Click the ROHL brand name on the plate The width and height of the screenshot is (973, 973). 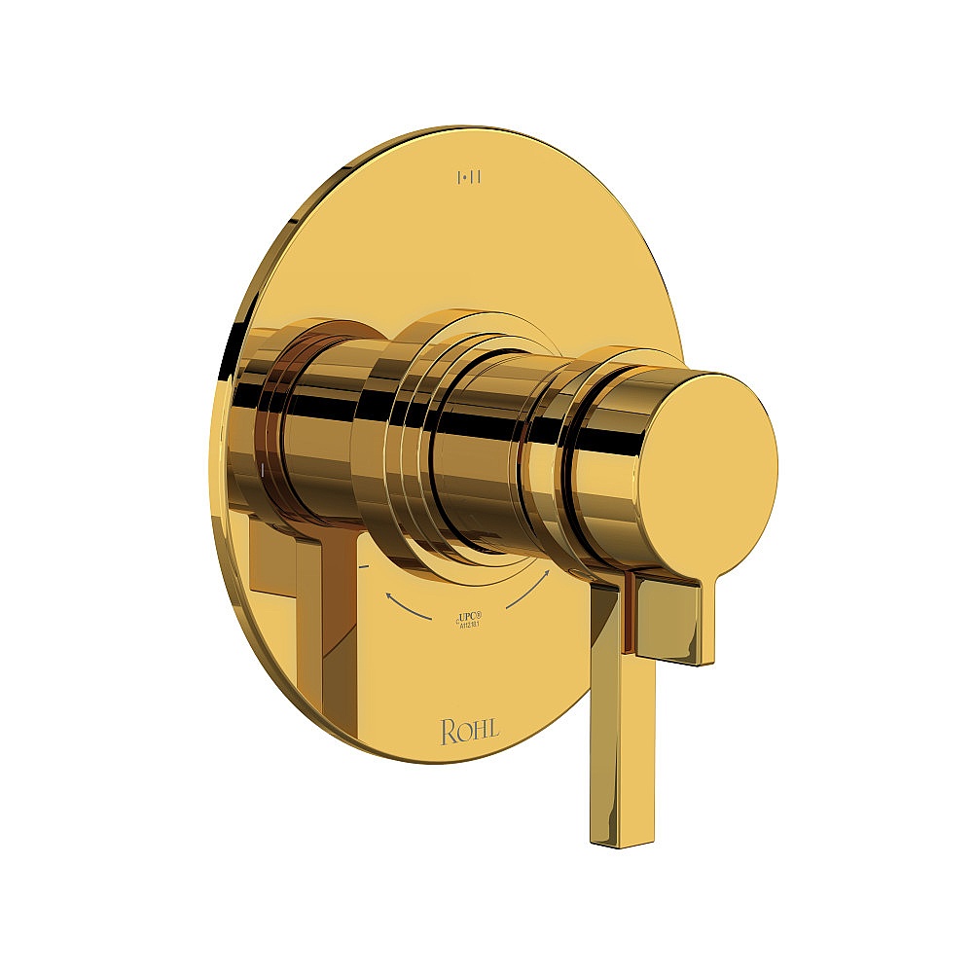[x=470, y=732]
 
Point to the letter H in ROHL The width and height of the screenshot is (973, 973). [x=480, y=732]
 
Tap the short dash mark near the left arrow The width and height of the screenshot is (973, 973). [x=363, y=564]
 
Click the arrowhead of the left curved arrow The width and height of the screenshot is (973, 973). [x=389, y=593]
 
